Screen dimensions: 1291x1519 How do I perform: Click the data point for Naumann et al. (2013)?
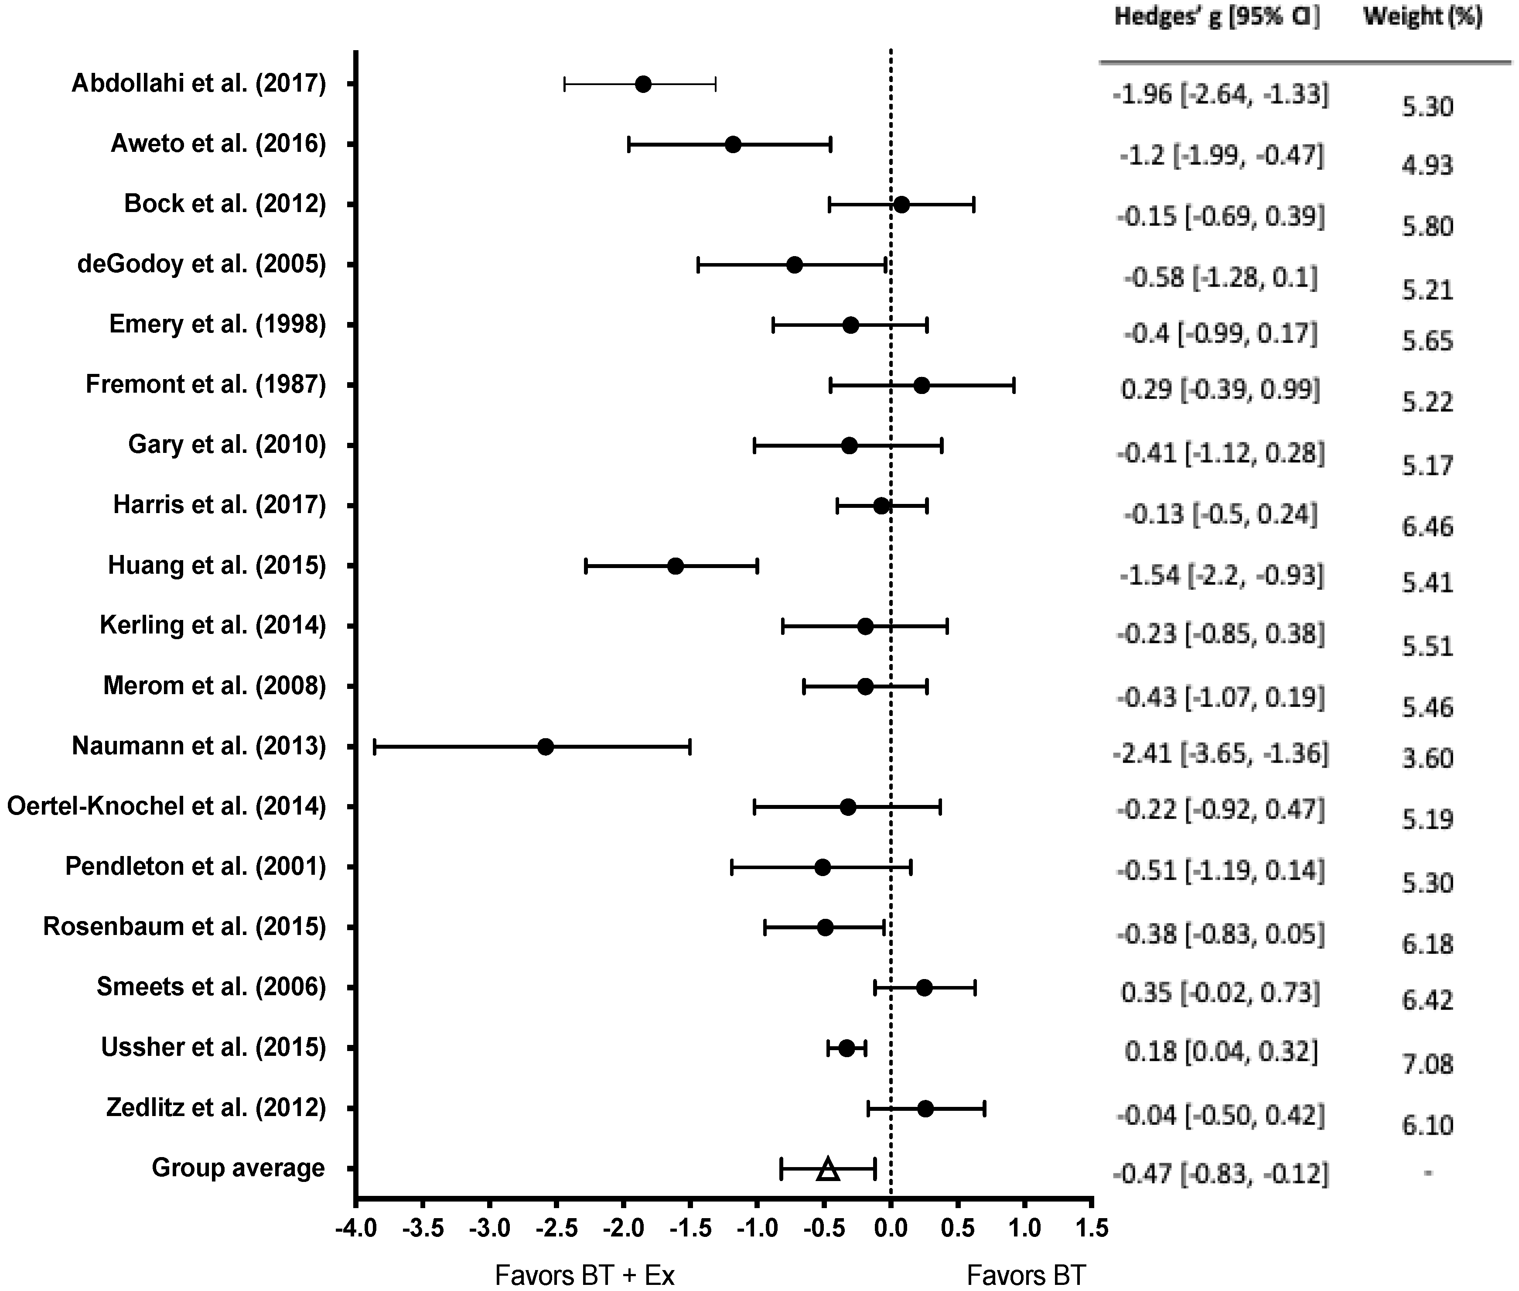tap(545, 747)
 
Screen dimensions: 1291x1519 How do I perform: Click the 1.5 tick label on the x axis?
tap(1092, 1227)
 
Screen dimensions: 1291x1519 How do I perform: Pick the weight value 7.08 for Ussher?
tap(1427, 1063)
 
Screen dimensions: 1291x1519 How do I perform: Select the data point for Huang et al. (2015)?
tap(676, 566)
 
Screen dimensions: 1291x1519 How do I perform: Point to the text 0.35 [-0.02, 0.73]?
tap(1220, 993)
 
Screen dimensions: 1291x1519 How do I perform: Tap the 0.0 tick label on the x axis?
tap(891, 1227)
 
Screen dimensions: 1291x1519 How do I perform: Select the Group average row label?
tap(238, 1168)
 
